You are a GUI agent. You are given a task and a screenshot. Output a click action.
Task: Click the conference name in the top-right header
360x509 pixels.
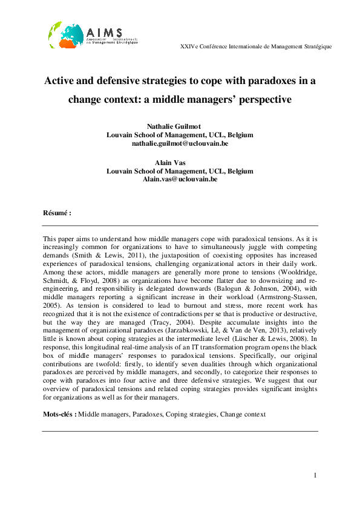pyautogui.click(x=255, y=47)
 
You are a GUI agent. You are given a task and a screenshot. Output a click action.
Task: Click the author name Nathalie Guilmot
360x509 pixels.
pyautogui.click(x=180, y=126)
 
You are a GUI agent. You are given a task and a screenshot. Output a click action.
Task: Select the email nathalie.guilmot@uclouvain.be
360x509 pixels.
pyautogui.click(x=180, y=144)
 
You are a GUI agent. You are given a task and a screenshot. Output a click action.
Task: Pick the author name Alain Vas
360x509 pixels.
pyautogui.click(x=180, y=162)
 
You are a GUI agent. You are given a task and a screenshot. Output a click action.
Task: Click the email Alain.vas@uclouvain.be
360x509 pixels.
pyautogui.click(x=180, y=180)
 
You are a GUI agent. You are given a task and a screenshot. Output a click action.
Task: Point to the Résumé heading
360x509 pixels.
pyautogui.click(x=57, y=213)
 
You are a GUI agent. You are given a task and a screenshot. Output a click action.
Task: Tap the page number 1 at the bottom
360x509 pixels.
pyautogui.click(x=315, y=476)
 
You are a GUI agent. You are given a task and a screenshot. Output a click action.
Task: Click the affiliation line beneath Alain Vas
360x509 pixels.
pyautogui.click(x=180, y=171)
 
